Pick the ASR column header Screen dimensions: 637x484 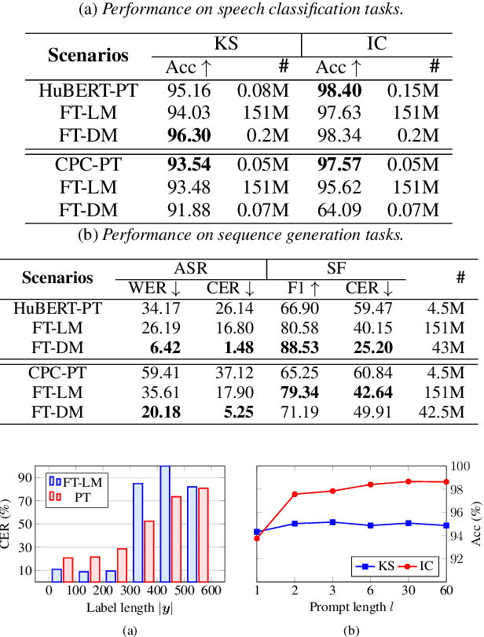click(191, 268)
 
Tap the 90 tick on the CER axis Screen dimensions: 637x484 click(43, 477)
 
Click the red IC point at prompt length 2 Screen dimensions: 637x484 click(295, 494)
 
